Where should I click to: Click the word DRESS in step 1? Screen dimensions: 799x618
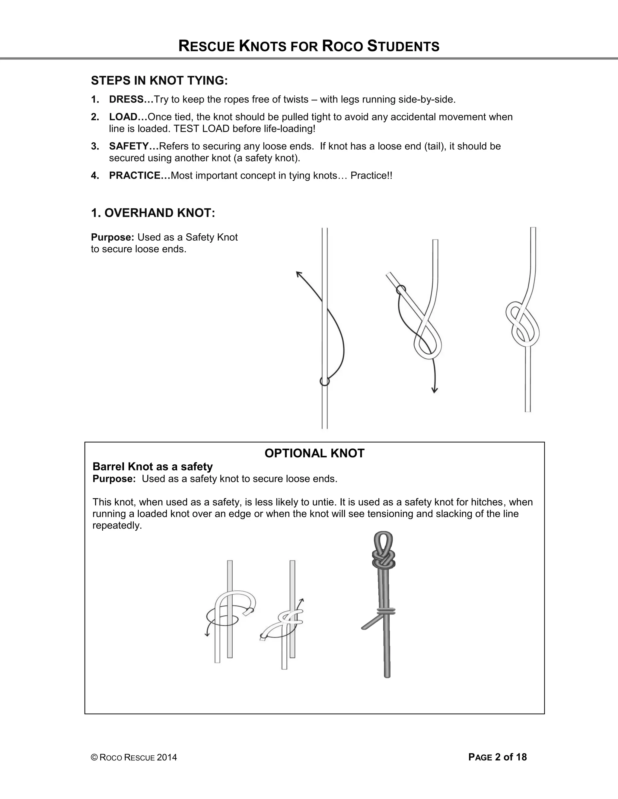(126, 99)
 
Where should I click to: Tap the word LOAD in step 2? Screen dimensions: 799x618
(123, 117)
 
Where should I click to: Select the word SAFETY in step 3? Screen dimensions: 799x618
(129, 146)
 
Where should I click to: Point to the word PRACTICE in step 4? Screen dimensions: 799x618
(134, 175)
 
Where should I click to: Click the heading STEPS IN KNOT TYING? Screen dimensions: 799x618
(159, 81)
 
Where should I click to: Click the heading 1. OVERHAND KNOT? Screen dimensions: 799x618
(153, 213)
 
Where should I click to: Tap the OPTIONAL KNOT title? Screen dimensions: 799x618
(314, 453)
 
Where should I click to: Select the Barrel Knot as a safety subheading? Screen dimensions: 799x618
(152, 467)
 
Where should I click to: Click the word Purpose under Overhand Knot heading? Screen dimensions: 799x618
(113, 237)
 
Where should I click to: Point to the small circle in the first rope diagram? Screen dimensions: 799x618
(324, 381)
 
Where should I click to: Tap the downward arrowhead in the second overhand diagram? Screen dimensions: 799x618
(435, 390)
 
